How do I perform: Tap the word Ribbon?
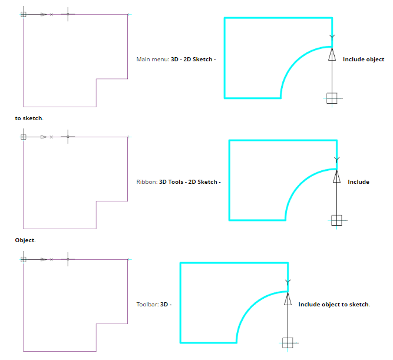[146, 182]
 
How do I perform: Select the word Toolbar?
[147, 305]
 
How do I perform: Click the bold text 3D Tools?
[171, 182]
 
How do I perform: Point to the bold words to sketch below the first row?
[28, 118]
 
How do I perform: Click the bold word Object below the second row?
[25, 241]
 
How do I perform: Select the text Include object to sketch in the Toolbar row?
[334, 305]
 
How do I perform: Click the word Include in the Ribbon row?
[358, 182]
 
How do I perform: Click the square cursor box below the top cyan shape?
[332, 98]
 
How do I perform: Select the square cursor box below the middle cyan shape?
[336, 220]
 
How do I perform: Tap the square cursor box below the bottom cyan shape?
[288, 342]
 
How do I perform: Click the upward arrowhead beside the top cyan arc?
[332, 55]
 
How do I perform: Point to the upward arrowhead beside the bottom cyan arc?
[288, 300]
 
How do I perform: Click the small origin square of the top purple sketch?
[23, 14]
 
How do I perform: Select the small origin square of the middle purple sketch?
[23, 137]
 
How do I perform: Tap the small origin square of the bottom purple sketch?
[23, 259]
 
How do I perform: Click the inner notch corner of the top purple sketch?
[96, 78]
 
